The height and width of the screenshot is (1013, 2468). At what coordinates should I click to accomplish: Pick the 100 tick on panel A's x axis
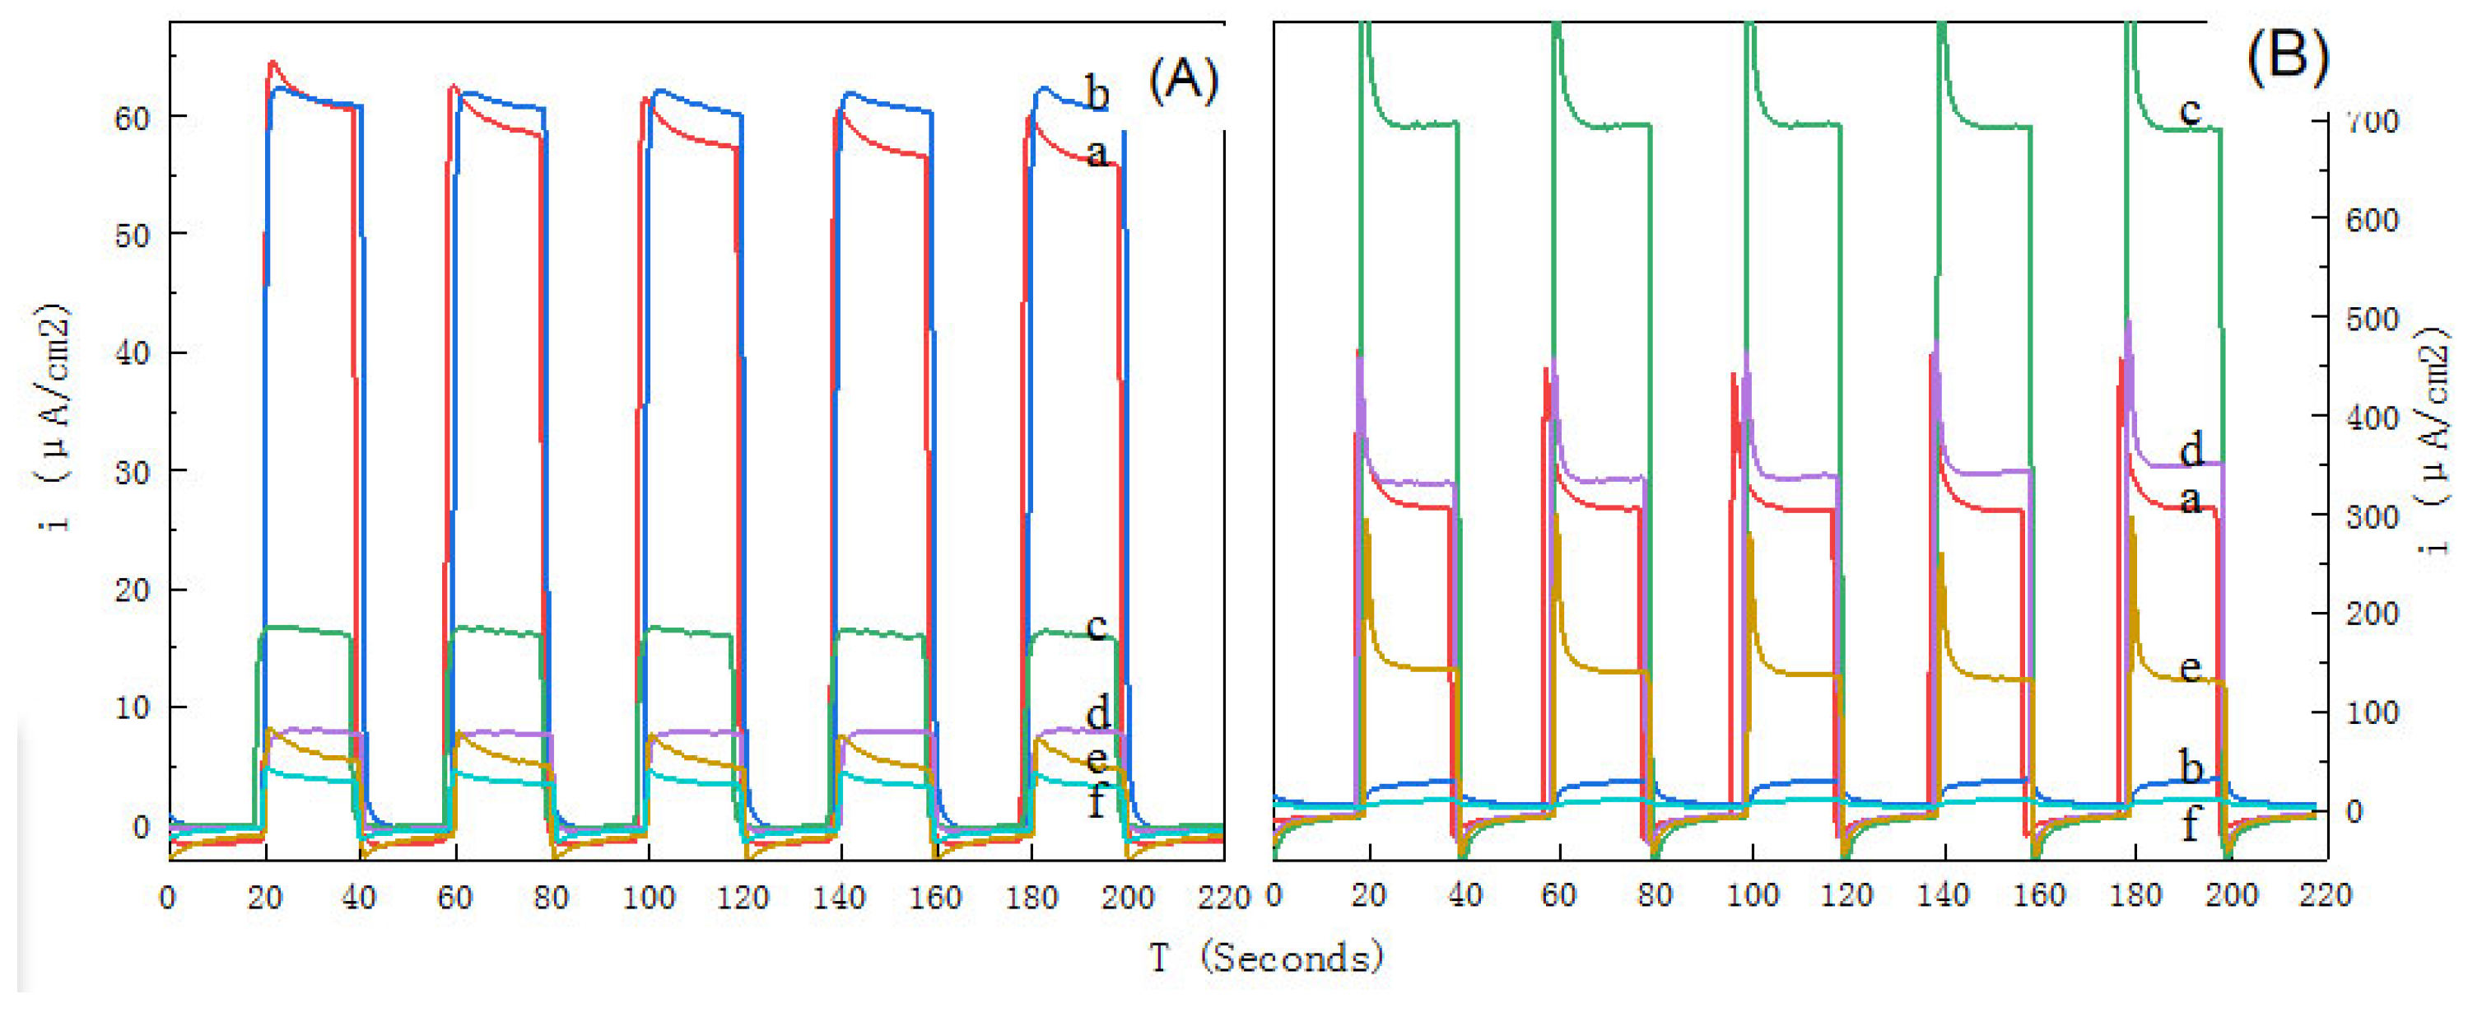(649, 898)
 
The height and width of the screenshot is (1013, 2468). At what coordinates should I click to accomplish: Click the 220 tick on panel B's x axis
(2326, 895)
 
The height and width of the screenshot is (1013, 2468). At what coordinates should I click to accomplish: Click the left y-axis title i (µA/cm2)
(56, 417)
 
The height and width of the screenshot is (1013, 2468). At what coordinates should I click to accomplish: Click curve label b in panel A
(1098, 93)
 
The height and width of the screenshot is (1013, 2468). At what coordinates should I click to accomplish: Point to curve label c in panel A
(1097, 627)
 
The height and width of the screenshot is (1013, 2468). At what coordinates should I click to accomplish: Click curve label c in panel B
(2190, 111)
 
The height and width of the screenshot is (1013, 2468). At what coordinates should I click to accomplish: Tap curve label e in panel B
(2190, 668)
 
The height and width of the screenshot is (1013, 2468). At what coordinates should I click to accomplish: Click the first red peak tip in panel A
(273, 63)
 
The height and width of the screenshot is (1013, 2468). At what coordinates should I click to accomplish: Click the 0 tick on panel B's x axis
(1274, 895)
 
